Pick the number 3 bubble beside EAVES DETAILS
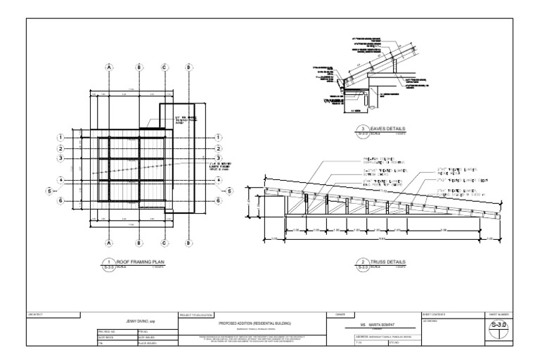[x=364, y=130]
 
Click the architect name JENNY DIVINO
[x=139, y=321]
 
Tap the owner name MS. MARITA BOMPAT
[x=373, y=325]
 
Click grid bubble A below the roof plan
[x=109, y=244]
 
